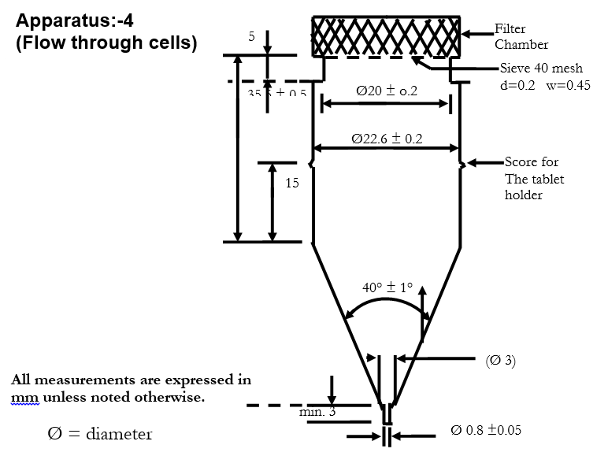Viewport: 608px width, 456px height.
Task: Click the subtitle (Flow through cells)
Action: point(106,43)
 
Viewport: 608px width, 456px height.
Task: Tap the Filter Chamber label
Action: point(521,36)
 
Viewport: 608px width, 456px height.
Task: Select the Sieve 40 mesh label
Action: point(541,69)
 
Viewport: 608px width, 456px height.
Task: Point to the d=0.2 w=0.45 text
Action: point(544,86)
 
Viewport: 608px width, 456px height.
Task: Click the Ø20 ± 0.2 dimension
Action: point(387,91)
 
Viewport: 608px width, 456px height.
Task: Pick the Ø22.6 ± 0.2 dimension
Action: point(387,139)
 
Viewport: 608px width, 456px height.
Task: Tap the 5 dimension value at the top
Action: point(250,36)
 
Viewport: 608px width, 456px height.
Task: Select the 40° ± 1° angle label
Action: point(387,287)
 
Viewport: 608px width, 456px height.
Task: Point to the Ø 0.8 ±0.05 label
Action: point(485,431)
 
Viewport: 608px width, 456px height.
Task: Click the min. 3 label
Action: point(317,411)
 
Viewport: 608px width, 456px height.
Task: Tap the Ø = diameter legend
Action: point(99,433)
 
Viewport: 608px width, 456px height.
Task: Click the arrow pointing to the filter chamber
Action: point(476,34)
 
